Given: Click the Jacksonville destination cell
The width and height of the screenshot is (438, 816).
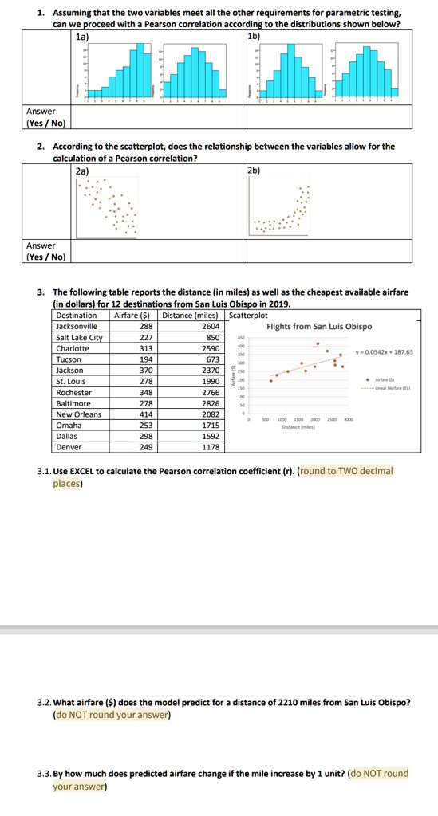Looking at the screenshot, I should click(77, 326).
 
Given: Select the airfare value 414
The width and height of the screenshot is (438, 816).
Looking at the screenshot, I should click(145, 414).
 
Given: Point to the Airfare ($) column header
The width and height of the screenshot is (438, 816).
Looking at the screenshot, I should click(134, 315).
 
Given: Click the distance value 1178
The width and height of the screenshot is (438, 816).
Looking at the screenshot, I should click(211, 447).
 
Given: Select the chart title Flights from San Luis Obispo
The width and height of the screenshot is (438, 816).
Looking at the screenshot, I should click(319, 326).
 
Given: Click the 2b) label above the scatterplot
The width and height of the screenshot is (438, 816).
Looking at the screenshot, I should click(255, 170).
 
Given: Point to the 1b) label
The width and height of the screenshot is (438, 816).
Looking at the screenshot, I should click(255, 37).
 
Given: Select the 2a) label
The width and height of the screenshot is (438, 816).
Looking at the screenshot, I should click(81, 170).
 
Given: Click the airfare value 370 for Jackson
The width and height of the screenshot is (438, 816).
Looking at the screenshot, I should click(145, 371).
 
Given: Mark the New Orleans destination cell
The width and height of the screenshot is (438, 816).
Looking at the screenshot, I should click(78, 414).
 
